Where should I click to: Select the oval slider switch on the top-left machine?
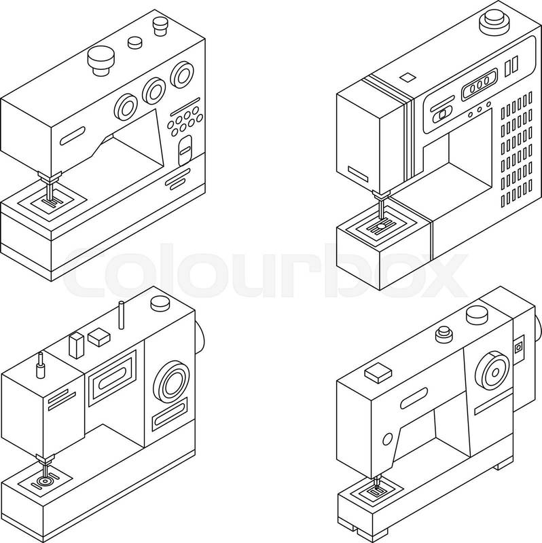click(x=185, y=150)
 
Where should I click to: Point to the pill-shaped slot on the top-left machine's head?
click(x=73, y=136)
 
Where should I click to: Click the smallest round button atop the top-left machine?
click(x=134, y=42)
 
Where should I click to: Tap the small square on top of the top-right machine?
click(x=408, y=77)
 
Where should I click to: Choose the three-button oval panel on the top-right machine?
click(x=480, y=84)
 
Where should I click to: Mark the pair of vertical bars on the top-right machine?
click(x=511, y=66)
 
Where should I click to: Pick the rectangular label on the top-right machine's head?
click(x=358, y=174)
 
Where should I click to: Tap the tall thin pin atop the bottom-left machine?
click(x=122, y=315)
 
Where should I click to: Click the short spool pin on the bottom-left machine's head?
click(x=41, y=366)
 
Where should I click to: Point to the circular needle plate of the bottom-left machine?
click(x=45, y=481)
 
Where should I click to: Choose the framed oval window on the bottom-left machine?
click(x=112, y=378)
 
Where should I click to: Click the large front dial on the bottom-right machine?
click(x=492, y=371)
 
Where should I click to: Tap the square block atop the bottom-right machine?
click(x=378, y=373)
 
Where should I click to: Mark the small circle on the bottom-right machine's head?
click(x=387, y=439)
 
